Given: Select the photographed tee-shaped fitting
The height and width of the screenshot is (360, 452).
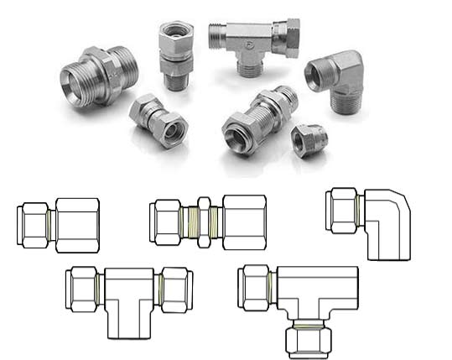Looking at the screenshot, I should click(x=252, y=42).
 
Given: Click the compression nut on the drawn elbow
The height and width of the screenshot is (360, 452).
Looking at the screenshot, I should click(x=342, y=210).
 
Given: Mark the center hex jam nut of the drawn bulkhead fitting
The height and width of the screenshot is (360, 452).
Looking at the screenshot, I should click(x=202, y=222).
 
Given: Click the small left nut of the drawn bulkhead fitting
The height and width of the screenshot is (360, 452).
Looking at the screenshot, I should click(x=166, y=222).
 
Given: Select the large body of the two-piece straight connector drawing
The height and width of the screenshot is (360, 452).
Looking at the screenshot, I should click(x=77, y=225).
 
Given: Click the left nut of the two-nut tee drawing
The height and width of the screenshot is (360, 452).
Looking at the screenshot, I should click(x=84, y=290).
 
